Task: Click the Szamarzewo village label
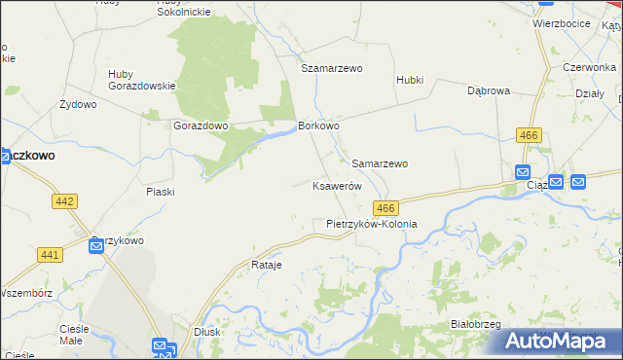click(331, 69)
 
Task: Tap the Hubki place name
click(410, 80)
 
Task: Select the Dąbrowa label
click(489, 90)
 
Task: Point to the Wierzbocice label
click(562, 22)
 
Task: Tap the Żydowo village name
click(78, 103)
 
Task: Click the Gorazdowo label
click(201, 126)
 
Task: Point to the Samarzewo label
click(380, 163)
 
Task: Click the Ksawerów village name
click(337, 186)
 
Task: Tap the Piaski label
click(160, 192)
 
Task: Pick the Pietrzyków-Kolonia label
click(371, 224)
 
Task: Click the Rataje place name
click(266, 265)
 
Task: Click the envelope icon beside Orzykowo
click(96, 246)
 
